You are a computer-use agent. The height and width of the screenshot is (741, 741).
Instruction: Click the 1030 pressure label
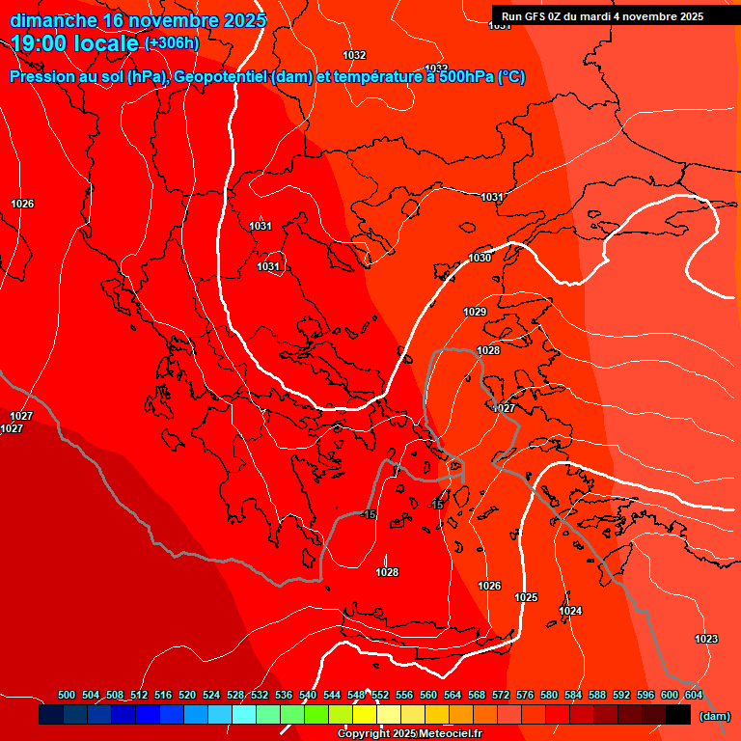[480, 258]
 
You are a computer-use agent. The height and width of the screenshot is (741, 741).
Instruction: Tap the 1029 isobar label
[475, 312]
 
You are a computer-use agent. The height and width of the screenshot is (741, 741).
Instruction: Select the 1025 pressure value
[526, 598]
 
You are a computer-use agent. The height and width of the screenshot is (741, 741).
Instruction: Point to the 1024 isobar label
[570, 611]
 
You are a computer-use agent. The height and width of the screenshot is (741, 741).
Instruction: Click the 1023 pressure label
[706, 640]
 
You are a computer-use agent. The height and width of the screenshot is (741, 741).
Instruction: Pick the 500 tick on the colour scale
[67, 695]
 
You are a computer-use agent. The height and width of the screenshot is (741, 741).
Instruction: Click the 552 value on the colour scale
[380, 695]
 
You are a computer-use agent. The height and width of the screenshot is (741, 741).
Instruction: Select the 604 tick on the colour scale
[694, 695]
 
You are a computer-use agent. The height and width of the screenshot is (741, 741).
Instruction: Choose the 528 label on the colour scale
[235, 695]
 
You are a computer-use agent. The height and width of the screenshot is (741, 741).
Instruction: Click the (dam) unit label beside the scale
[714, 716]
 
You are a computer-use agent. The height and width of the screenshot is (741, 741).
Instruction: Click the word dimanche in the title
[53, 20]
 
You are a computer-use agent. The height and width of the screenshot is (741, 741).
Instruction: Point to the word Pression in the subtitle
[39, 77]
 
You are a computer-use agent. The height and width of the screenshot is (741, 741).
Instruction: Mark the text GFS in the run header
[537, 16]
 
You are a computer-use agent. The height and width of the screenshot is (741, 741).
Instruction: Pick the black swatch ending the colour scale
[678, 715]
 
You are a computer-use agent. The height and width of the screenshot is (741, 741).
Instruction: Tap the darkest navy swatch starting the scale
[51, 715]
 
